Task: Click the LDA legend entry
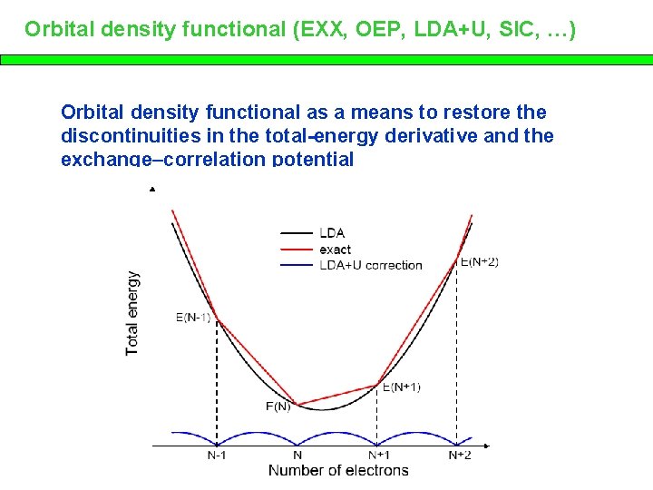(x=332, y=233)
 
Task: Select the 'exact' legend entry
(x=335, y=250)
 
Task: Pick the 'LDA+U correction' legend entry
(x=370, y=265)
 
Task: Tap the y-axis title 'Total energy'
(x=132, y=312)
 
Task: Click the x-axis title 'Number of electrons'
(x=338, y=470)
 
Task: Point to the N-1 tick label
(x=216, y=455)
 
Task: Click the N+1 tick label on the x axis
(x=379, y=455)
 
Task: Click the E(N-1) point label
(x=193, y=318)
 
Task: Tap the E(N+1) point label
(x=401, y=387)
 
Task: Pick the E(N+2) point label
(x=479, y=261)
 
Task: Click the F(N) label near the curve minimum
(x=278, y=406)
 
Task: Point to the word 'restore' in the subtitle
(x=479, y=113)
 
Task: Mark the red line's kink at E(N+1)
(x=377, y=385)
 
